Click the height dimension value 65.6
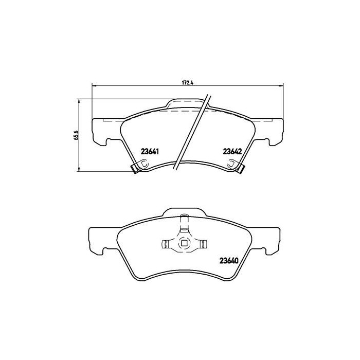(76, 135)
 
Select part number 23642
(232, 151)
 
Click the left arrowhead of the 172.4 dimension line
(94, 85)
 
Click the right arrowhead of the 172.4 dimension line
(282, 85)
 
